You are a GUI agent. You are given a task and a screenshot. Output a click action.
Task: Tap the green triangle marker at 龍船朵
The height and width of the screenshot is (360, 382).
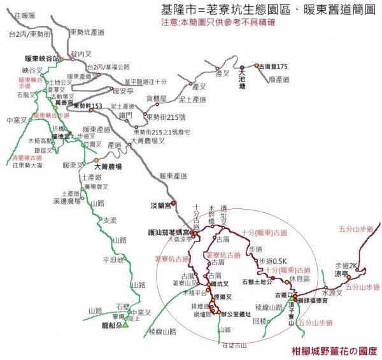coord(125,325)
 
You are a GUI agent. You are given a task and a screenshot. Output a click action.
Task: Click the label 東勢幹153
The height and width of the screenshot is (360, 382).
coord(88,106)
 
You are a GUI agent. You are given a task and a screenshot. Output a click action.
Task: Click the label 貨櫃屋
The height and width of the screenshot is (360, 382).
coord(157,99)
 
